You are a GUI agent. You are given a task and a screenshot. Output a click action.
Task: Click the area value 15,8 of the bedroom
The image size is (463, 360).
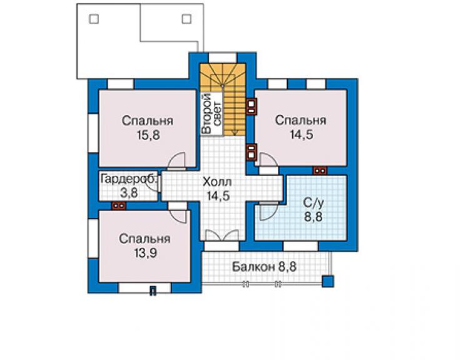(x=148, y=135)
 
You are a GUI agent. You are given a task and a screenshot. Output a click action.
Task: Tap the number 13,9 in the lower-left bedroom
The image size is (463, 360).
(x=145, y=253)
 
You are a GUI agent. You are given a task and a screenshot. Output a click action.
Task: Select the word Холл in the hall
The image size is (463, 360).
(x=217, y=182)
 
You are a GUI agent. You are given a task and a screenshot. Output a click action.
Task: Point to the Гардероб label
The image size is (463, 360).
(x=129, y=179)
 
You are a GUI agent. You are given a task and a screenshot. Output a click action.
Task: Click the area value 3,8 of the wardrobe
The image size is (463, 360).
(x=129, y=193)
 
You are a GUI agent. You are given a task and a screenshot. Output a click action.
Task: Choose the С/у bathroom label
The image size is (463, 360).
(x=313, y=203)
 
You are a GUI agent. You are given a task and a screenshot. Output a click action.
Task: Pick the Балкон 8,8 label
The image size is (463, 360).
(x=263, y=267)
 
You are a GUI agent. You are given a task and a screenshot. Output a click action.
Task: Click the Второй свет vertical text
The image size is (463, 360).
(x=211, y=113)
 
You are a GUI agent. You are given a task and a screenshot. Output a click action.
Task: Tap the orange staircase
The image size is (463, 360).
(x=223, y=100)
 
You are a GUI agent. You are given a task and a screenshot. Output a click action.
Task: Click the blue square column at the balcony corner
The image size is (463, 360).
(x=328, y=281)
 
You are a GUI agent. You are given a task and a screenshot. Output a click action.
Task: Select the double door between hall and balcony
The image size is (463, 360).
(x=221, y=235)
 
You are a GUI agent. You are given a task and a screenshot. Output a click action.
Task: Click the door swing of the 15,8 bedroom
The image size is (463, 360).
(x=177, y=161)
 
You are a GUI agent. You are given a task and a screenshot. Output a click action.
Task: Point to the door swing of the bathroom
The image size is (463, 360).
(x=268, y=211)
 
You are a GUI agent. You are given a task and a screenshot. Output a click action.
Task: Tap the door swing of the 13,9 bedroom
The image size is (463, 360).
(x=178, y=213)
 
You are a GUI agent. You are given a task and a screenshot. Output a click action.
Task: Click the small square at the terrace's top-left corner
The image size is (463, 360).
(x=94, y=19)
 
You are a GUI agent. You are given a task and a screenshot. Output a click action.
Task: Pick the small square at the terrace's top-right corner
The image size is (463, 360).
(x=186, y=19)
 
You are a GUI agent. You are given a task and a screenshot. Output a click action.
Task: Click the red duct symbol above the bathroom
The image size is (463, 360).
(x=320, y=170)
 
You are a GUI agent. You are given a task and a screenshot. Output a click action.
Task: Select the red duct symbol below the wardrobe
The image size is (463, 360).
(x=119, y=205)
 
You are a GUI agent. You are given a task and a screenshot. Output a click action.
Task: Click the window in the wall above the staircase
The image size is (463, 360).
(x=223, y=58)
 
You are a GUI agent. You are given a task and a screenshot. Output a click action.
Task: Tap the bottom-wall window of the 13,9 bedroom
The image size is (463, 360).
(x=145, y=287)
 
